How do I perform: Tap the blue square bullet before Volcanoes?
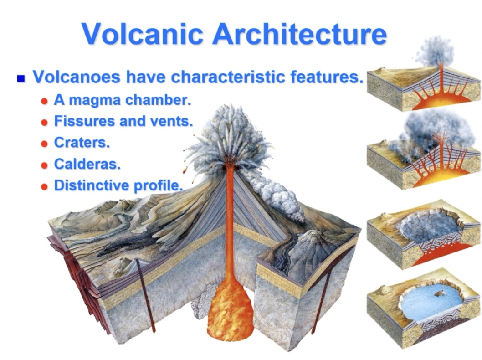(20, 79)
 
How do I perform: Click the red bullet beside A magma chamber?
(44, 101)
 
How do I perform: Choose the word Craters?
(82, 143)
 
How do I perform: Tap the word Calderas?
(87, 164)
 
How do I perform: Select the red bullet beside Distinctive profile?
(44, 187)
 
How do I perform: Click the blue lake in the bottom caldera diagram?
(428, 301)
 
